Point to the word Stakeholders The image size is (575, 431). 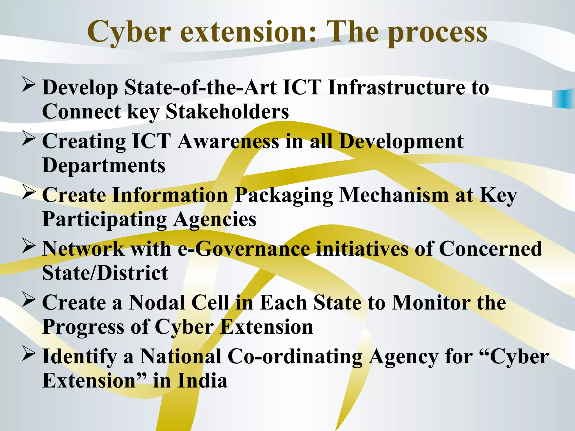(227, 112)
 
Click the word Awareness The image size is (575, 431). (228, 141)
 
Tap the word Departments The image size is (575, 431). (104, 166)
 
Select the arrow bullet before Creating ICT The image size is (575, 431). (29, 138)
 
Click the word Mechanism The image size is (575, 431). (394, 195)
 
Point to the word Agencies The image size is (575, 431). (215, 220)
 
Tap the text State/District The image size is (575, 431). (105, 273)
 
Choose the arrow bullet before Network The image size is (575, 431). (29, 246)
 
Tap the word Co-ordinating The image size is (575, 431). (295, 357)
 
